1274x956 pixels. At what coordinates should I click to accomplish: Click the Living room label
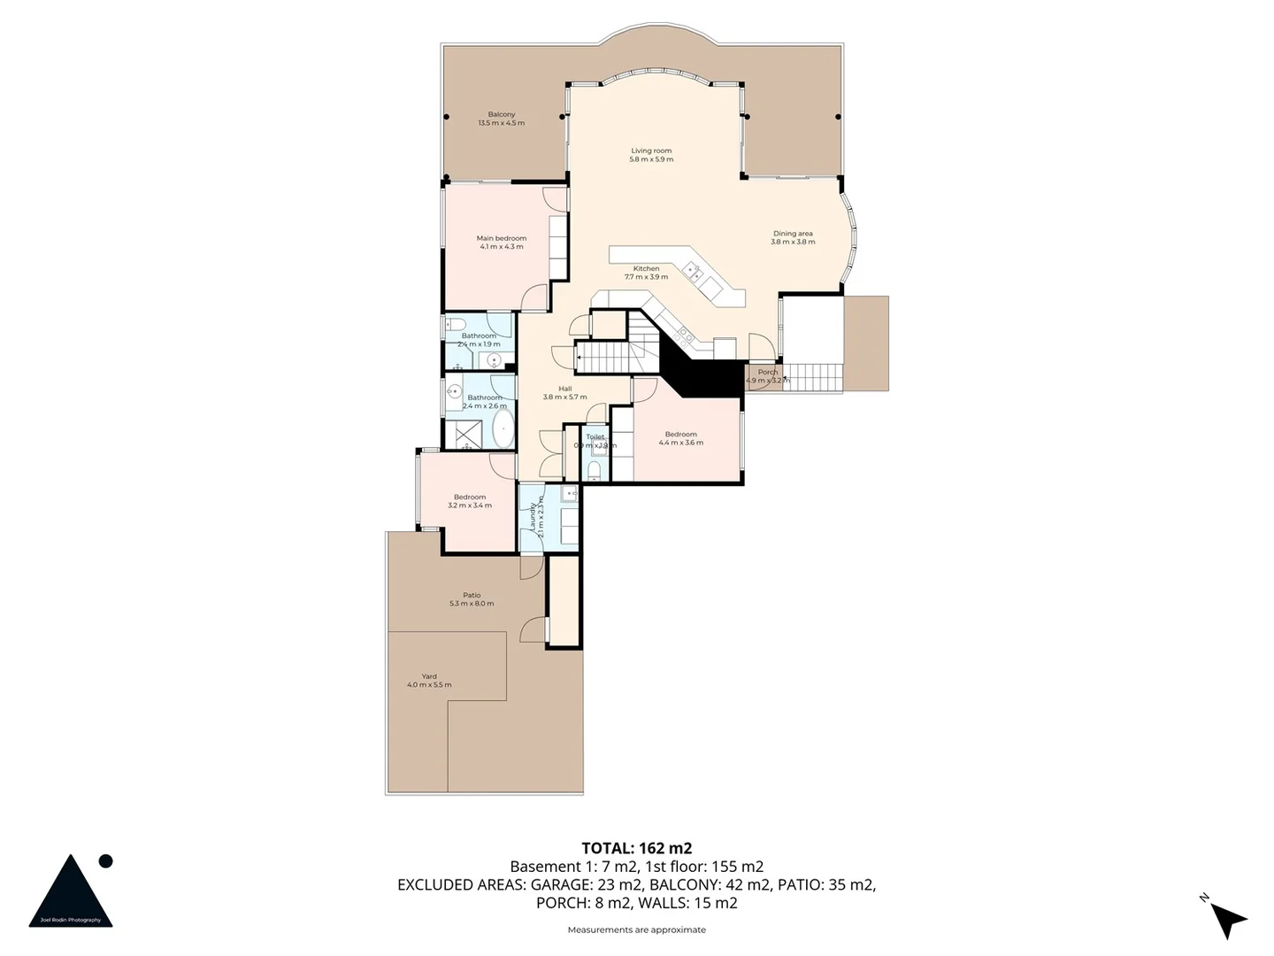(x=651, y=155)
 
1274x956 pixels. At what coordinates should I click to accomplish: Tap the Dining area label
(x=793, y=237)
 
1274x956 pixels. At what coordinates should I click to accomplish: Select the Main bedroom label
(x=501, y=242)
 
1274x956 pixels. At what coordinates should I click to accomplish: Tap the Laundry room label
(x=533, y=516)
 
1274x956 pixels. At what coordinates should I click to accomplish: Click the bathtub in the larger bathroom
(x=503, y=428)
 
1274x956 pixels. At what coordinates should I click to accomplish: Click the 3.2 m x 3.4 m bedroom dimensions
(x=470, y=505)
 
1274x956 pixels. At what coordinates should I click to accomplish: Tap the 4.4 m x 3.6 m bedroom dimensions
(x=680, y=443)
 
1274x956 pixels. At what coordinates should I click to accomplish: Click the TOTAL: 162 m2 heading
(x=636, y=848)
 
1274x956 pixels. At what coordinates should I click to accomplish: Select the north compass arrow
(x=1228, y=919)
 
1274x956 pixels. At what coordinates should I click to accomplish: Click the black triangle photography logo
(x=71, y=892)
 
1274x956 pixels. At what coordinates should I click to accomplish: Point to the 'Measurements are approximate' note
(x=636, y=929)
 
